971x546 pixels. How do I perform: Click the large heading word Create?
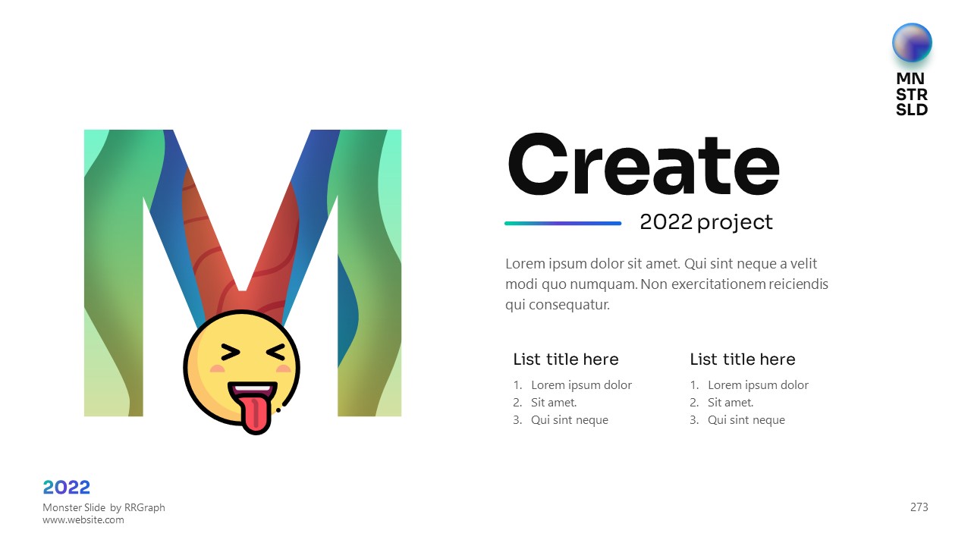click(644, 165)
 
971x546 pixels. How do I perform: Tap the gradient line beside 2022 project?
click(563, 224)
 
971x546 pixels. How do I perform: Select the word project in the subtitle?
click(735, 223)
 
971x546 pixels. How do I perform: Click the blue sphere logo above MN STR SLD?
click(912, 43)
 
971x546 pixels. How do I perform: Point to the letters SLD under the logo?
click(912, 110)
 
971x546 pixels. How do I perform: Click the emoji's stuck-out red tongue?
click(256, 415)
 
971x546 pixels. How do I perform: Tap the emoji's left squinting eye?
click(230, 353)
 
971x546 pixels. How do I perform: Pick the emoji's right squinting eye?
click(276, 353)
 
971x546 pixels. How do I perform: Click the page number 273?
click(919, 507)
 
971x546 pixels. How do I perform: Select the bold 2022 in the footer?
click(66, 488)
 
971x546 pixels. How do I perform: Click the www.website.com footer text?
click(83, 520)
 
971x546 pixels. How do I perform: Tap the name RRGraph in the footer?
click(144, 507)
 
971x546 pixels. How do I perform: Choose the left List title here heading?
click(566, 359)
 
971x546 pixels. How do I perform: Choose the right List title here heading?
click(743, 359)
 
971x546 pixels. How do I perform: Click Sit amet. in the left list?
click(554, 403)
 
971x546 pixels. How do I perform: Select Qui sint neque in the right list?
click(746, 420)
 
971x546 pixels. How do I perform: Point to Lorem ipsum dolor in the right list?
click(758, 385)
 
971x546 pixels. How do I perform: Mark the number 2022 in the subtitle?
click(666, 222)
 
